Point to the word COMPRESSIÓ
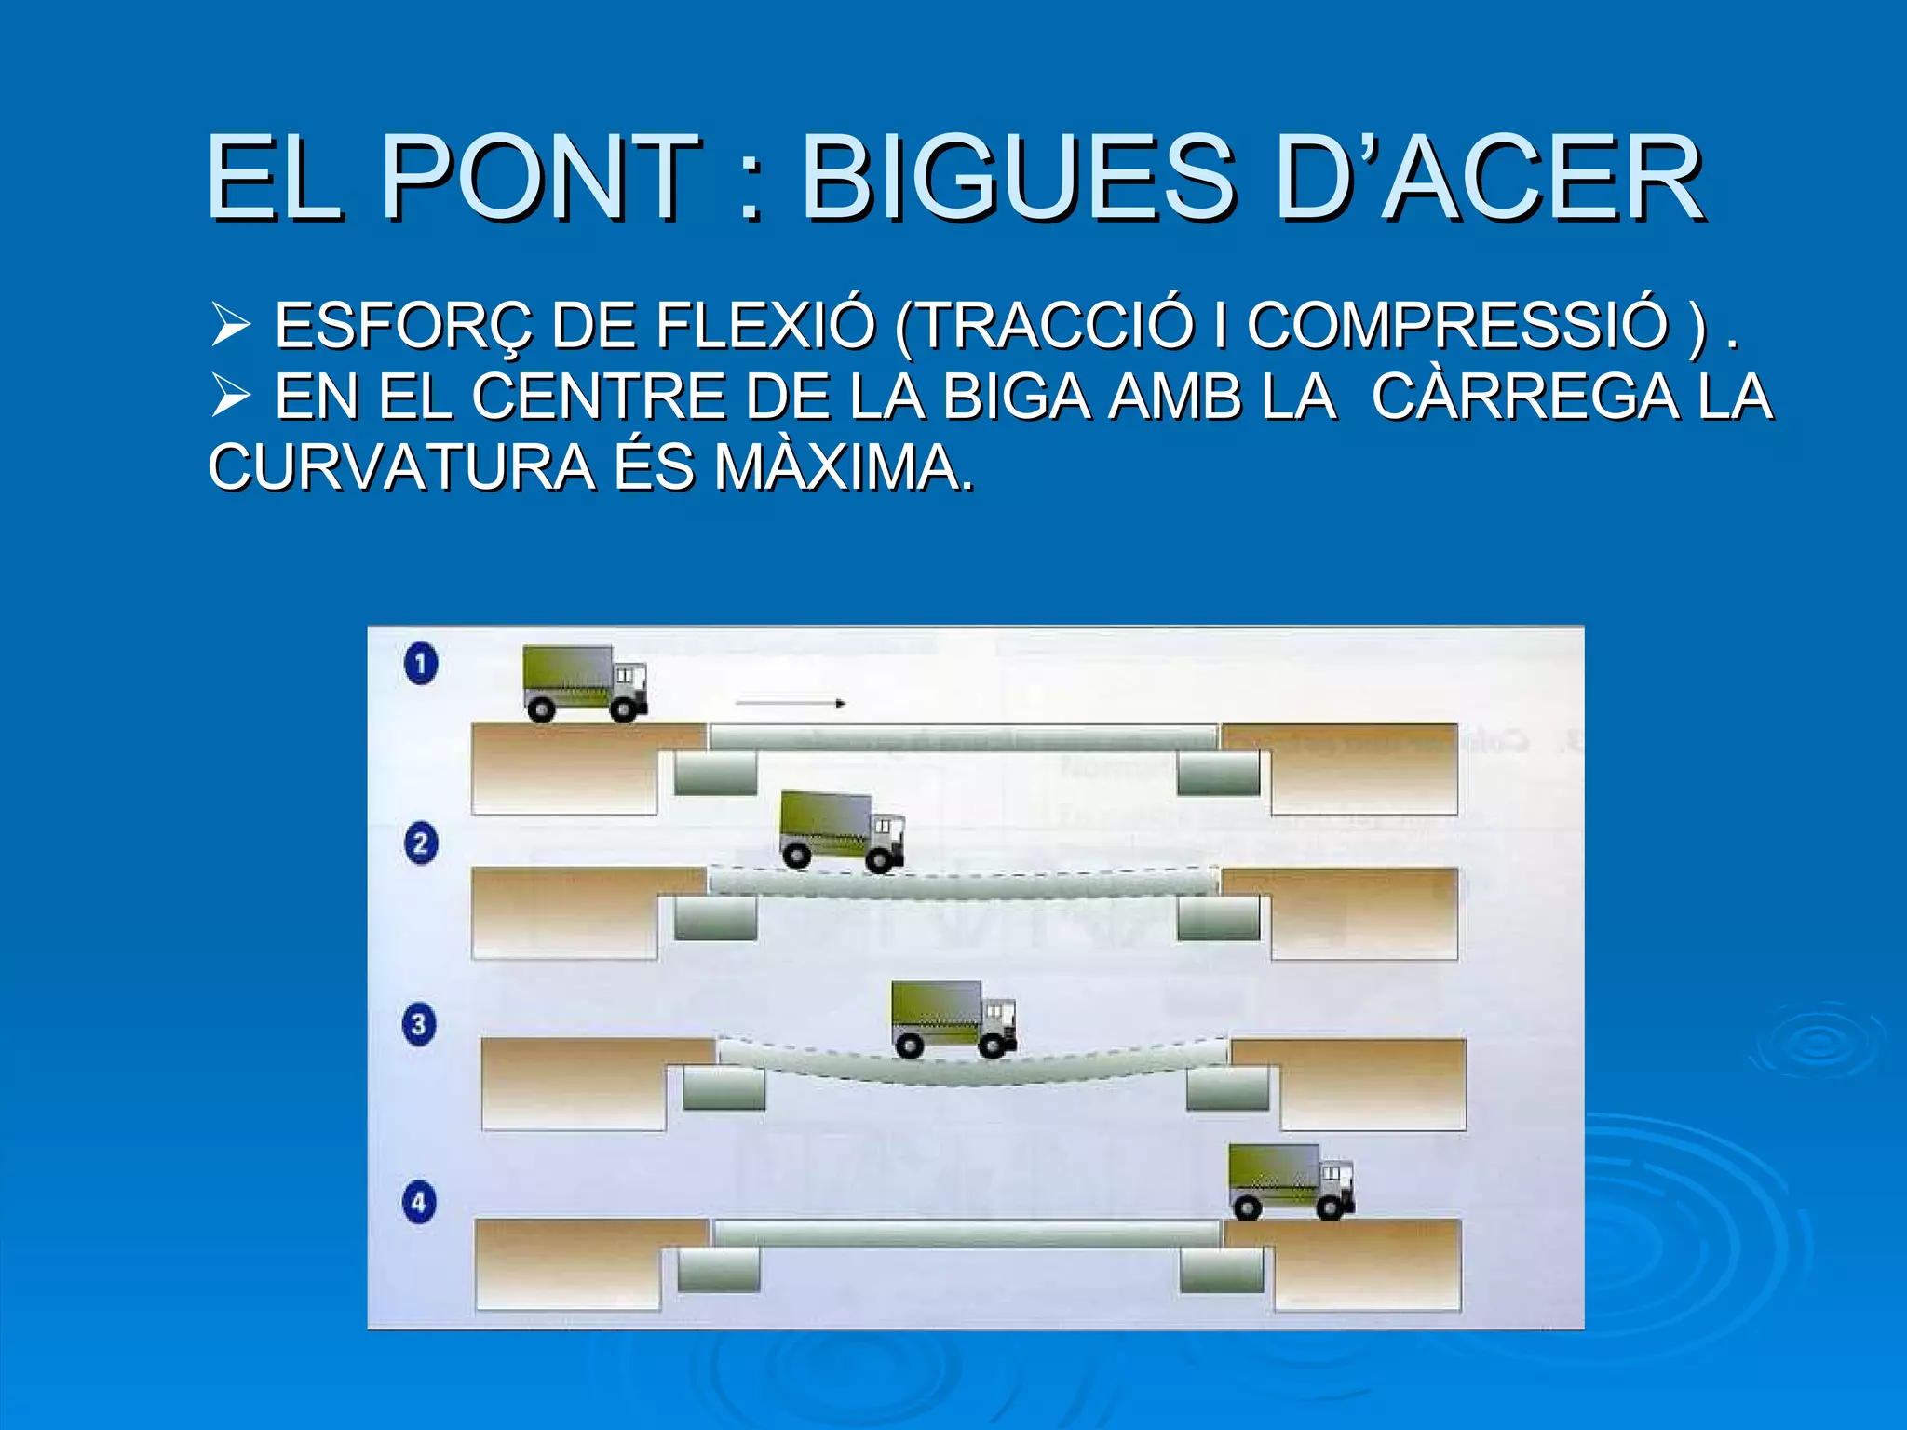(1457, 326)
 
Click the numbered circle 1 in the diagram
(421, 664)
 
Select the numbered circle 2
(421, 843)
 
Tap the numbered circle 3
(419, 1024)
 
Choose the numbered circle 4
(419, 1202)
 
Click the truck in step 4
(1290, 1180)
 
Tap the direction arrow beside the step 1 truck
(790, 704)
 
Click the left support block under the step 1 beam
(715, 773)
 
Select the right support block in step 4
(1221, 1270)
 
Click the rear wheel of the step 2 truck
(797, 855)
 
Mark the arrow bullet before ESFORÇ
(230, 325)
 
